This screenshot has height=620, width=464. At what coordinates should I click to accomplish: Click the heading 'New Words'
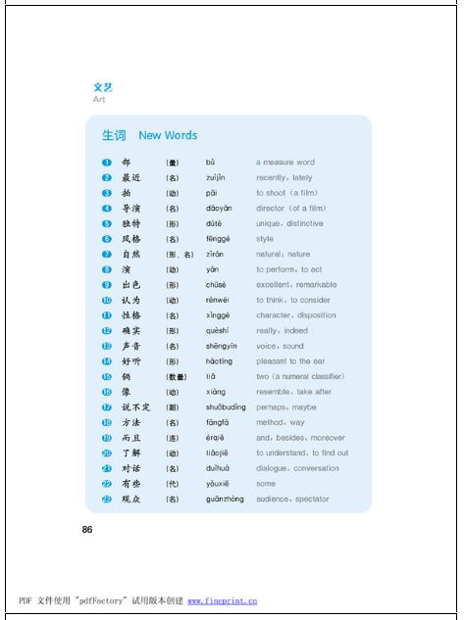pyautogui.click(x=168, y=135)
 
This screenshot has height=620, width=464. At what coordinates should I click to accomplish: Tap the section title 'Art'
pyautogui.click(x=99, y=100)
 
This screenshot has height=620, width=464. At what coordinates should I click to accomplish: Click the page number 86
pyautogui.click(x=87, y=530)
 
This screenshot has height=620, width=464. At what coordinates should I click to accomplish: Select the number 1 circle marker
pyautogui.click(x=106, y=163)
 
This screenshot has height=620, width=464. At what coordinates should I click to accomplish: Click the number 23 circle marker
pyautogui.click(x=106, y=500)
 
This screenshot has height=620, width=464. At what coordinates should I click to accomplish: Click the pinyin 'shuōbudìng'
pyautogui.click(x=225, y=407)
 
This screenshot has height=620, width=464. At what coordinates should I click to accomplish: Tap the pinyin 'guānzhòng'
pyautogui.click(x=225, y=500)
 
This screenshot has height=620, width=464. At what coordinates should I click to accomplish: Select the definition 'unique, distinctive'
pyautogui.click(x=289, y=223)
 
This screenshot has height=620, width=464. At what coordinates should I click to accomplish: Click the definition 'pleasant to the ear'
pyautogui.click(x=291, y=361)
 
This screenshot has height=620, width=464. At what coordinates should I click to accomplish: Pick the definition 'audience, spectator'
pyautogui.click(x=293, y=500)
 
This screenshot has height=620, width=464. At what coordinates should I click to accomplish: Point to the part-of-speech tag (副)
pyautogui.click(x=172, y=407)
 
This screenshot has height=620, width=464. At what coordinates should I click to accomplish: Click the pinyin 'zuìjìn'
pyautogui.click(x=216, y=178)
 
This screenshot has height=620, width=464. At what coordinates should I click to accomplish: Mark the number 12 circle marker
pyautogui.click(x=106, y=331)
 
